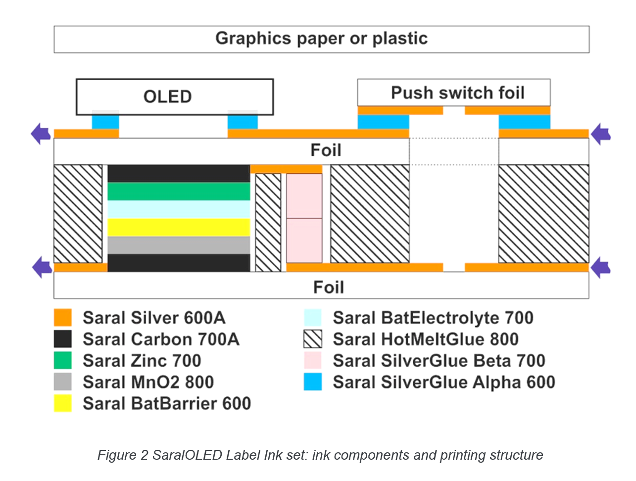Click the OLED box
point(174,96)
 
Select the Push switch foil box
point(453,93)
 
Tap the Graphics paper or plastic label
point(321,39)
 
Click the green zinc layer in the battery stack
point(179,192)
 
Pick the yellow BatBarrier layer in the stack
point(179,227)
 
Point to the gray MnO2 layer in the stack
point(179,245)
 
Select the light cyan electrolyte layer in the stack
point(179,209)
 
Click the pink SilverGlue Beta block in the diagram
point(304,218)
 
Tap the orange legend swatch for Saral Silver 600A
point(63,318)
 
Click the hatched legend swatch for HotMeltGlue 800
point(313,339)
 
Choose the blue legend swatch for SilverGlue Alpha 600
point(313,382)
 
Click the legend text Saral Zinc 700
point(142,361)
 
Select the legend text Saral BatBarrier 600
point(167,403)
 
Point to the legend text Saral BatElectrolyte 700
point(433,318)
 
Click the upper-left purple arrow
point(41,134)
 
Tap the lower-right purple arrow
point(601,267)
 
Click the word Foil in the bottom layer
point(328,287)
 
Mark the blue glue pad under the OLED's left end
point(105,122)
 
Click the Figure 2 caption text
point(320,455)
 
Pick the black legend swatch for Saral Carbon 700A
point(63,339)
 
